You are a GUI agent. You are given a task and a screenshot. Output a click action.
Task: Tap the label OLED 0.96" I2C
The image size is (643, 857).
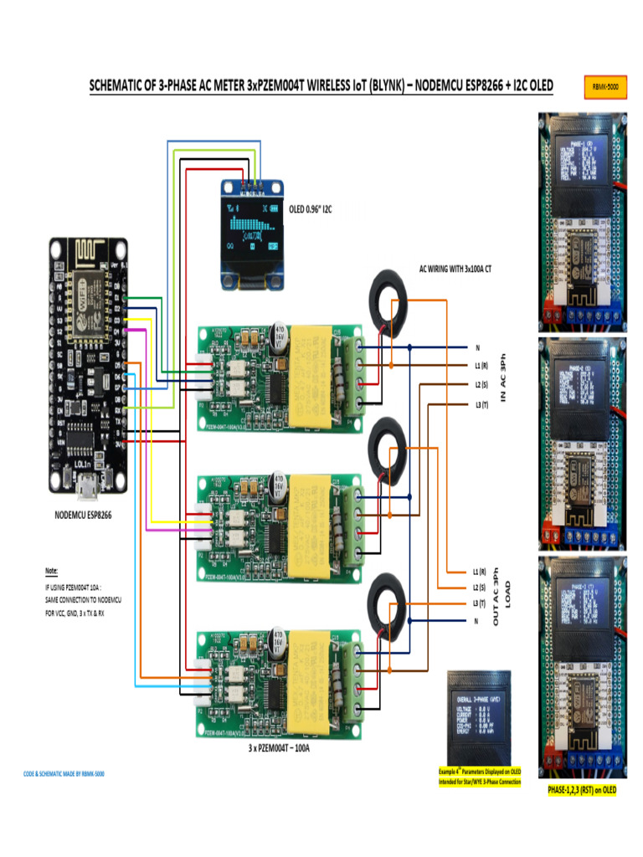click(x=311, y=209)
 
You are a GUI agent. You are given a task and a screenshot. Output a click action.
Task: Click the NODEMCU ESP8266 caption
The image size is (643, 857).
click(x=78, y=515)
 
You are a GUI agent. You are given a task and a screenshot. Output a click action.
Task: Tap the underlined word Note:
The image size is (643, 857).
click(x=52, y=572)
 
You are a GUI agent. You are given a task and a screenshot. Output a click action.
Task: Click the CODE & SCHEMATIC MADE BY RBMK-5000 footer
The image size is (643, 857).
click(x=64, y=774)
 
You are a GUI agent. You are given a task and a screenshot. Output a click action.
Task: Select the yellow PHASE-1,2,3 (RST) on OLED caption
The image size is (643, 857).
click(x=582, y=790)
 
